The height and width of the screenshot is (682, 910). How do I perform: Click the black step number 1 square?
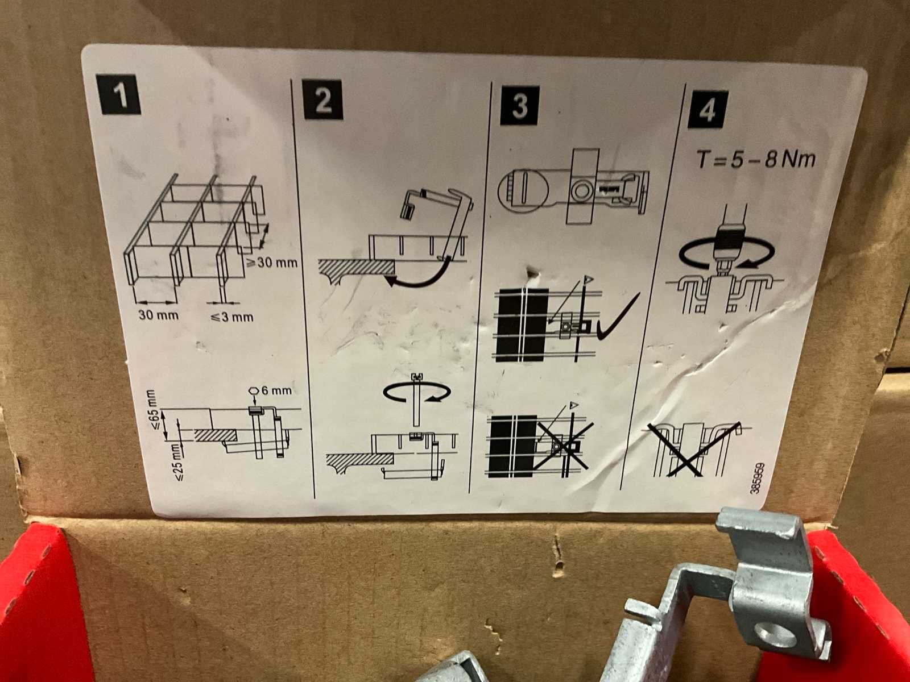point(118,94)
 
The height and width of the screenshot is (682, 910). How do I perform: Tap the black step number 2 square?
point(323,100)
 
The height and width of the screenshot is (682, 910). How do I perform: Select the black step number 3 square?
point(519,105)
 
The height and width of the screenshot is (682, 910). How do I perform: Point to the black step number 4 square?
point(708,110)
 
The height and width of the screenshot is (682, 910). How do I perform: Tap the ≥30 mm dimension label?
point(272,263)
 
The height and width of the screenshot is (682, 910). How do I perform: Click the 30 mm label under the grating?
point(158,315)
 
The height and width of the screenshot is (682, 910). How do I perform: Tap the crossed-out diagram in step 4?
point(697,450)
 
